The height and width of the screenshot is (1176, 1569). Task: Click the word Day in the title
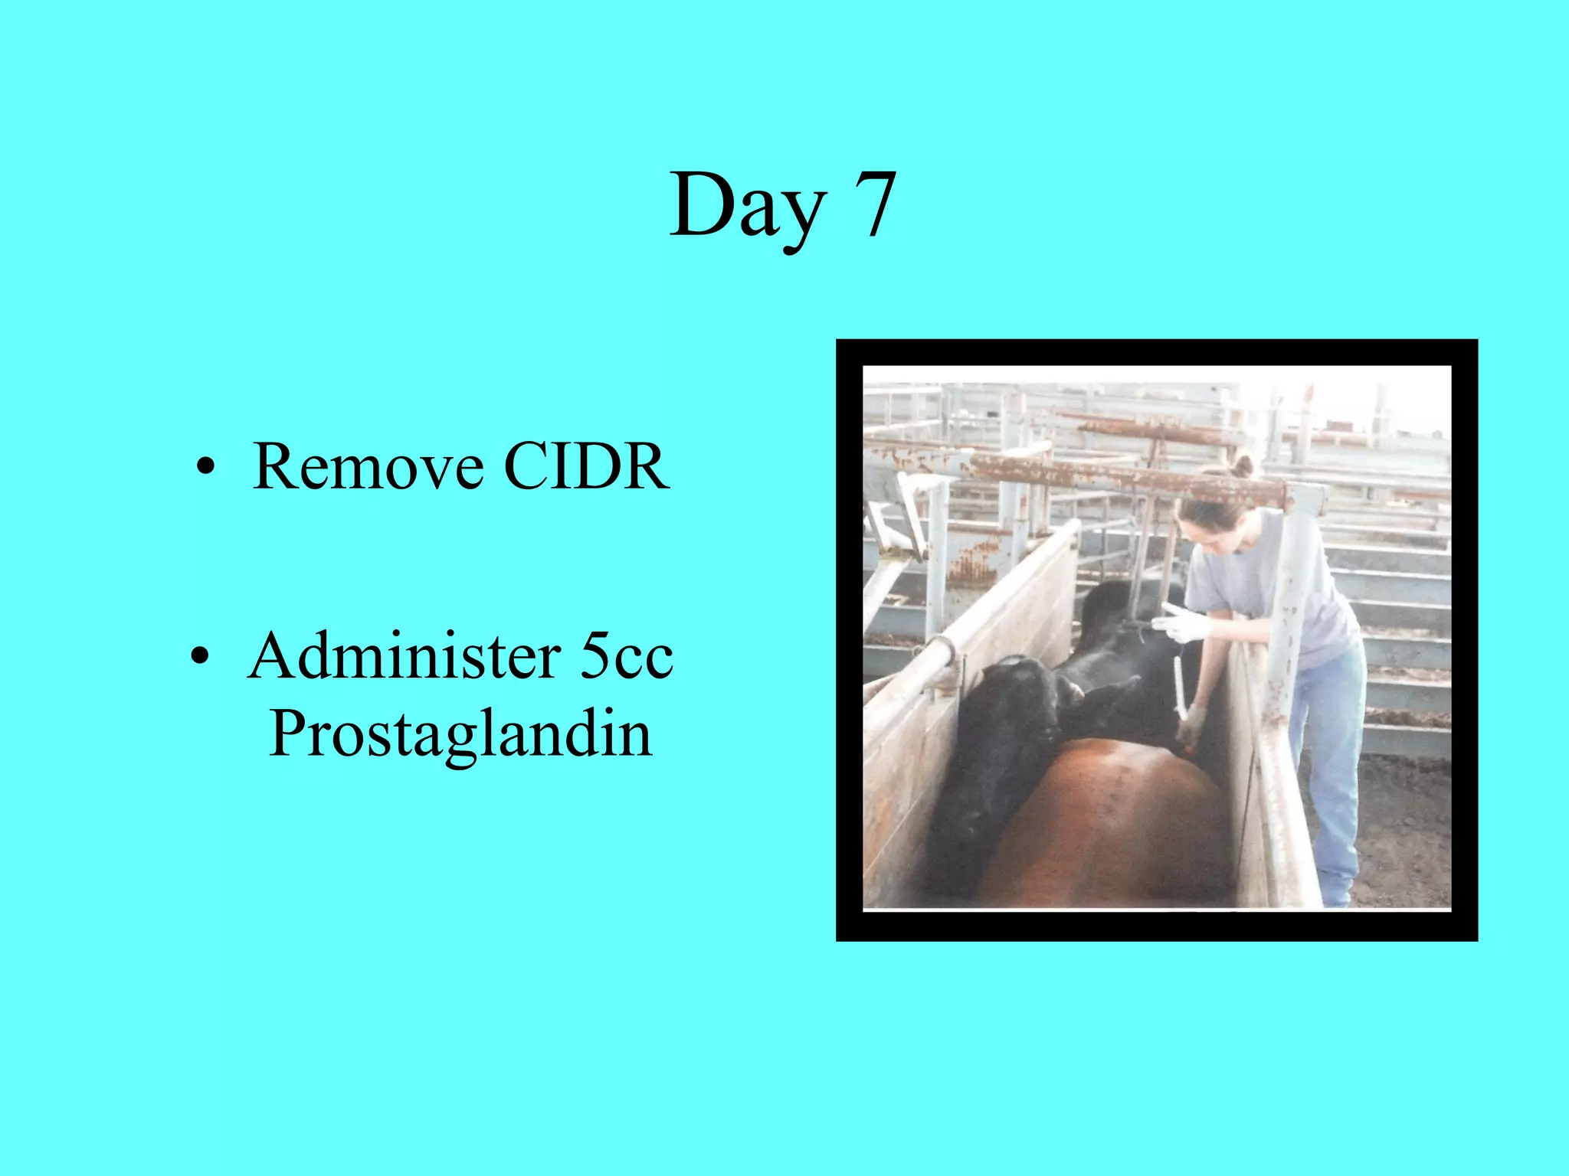(747, 205)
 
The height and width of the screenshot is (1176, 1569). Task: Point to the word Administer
(403, 656)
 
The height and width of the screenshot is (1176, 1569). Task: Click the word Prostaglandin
(460, 733)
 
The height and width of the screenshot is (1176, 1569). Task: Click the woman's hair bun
(1243, 465)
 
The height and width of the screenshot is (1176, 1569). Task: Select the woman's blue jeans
(1333, 766)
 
